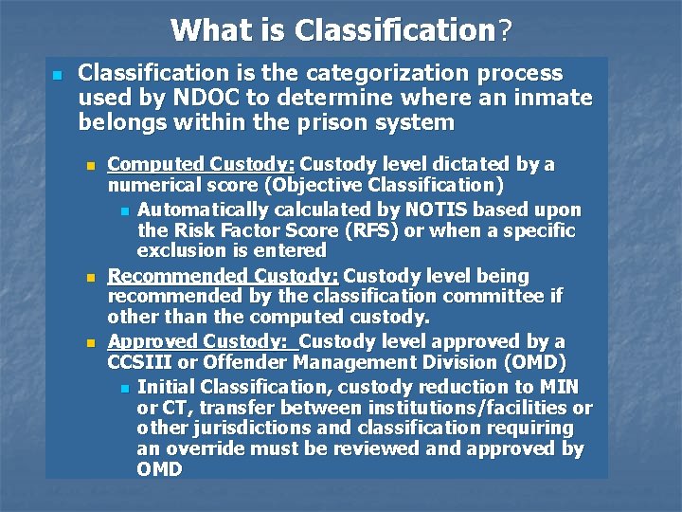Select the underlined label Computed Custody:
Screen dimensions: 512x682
point(201,164)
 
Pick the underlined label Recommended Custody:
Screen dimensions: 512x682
point(224,276)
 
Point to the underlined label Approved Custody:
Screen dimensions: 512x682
point(203,341)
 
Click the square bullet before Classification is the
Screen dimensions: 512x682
point(57,74)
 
